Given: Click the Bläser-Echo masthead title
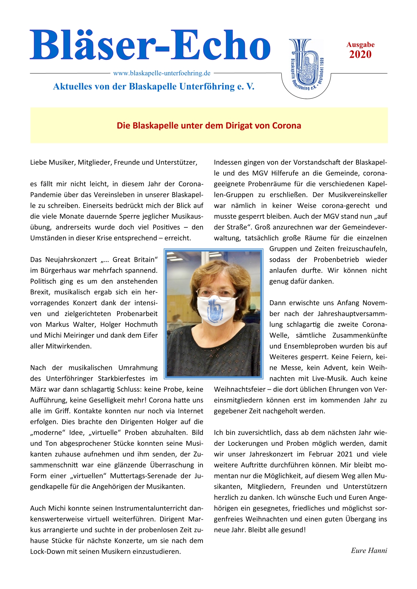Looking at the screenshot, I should tap(150, 45).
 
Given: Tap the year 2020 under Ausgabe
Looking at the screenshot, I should tap(360, 55).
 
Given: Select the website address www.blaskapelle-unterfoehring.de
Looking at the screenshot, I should tap(162, 73).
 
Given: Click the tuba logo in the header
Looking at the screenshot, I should tap(306, 65).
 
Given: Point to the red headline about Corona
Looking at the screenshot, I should tap(209, 126).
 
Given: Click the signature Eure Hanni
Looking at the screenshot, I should tap(369, 551).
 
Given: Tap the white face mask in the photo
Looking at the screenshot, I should tap(215, 310).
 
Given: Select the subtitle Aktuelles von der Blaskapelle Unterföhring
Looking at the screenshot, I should tap(153, 86).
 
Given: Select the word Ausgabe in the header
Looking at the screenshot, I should tap(360, 45).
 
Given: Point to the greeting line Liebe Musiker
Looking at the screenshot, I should tap(114, 162).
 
